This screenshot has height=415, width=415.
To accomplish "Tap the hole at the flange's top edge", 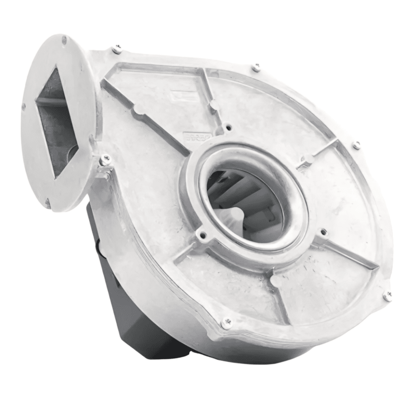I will point(64,39).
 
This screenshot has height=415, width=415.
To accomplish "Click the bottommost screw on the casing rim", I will point(227,323).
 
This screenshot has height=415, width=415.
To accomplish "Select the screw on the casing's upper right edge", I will point(357,145).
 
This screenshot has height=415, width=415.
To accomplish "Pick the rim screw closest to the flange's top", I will point(117,49).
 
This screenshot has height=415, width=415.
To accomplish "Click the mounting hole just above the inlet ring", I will point(229,127).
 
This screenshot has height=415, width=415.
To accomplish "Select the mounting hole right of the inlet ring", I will point(323,232).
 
